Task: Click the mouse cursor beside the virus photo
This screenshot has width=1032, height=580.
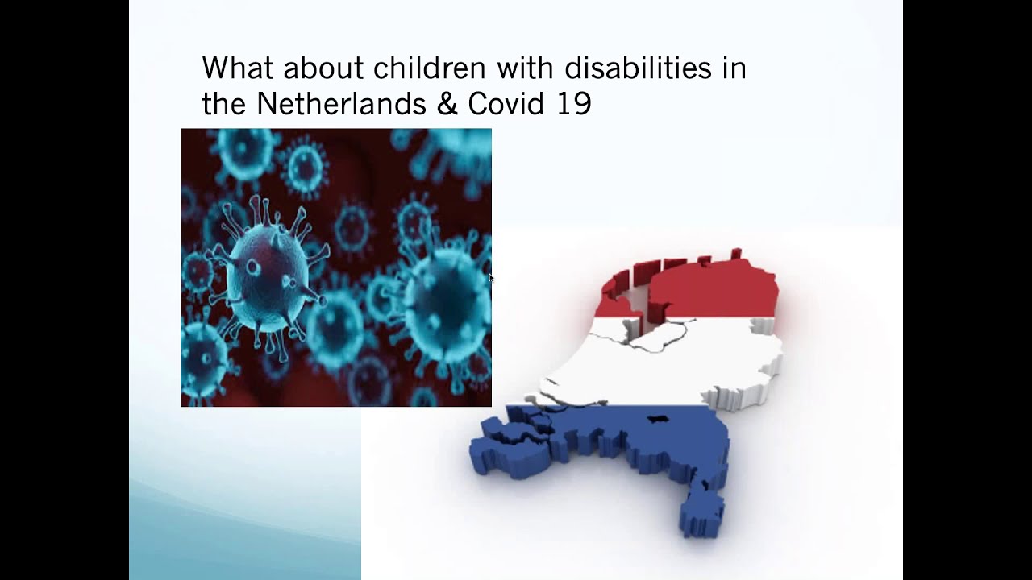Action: coord(491,278)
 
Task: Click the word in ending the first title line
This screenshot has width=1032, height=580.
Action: coord(734,68)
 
